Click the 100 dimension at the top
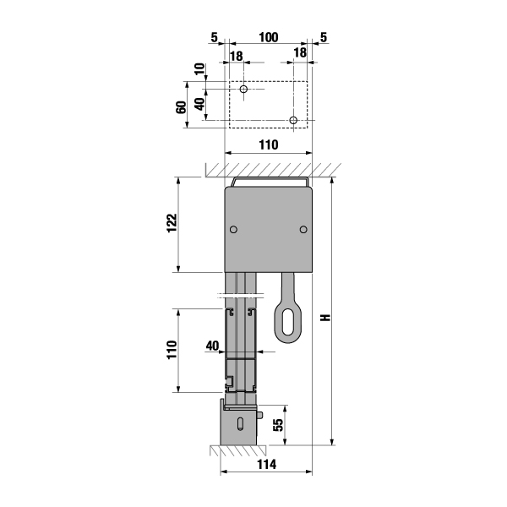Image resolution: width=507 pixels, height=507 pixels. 269,37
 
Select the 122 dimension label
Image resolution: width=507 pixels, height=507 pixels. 172,222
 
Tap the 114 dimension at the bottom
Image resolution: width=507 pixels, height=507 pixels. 267,465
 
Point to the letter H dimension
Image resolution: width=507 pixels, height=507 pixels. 326,317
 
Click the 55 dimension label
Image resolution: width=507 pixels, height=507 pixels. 278,425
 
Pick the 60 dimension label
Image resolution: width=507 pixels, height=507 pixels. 182,107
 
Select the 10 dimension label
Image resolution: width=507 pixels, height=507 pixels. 200,69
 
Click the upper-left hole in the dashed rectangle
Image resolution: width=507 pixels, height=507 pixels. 244,89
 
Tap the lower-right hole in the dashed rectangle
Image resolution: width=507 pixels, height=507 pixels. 293,120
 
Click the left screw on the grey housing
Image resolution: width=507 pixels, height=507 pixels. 233,229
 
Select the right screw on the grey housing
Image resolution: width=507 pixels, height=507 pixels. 303,229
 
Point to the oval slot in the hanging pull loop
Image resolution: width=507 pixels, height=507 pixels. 287,322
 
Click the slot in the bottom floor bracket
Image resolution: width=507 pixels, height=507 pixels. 241,423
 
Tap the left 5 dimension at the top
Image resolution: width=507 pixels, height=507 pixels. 215,37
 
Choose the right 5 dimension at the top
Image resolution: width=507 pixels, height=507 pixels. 324,37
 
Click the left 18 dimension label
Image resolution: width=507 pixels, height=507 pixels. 237,57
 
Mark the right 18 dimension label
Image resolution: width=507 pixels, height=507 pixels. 300,52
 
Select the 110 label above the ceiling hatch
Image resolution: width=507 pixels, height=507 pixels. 269,144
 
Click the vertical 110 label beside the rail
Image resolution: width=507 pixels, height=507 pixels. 172,349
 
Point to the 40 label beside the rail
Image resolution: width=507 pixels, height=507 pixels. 212,346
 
